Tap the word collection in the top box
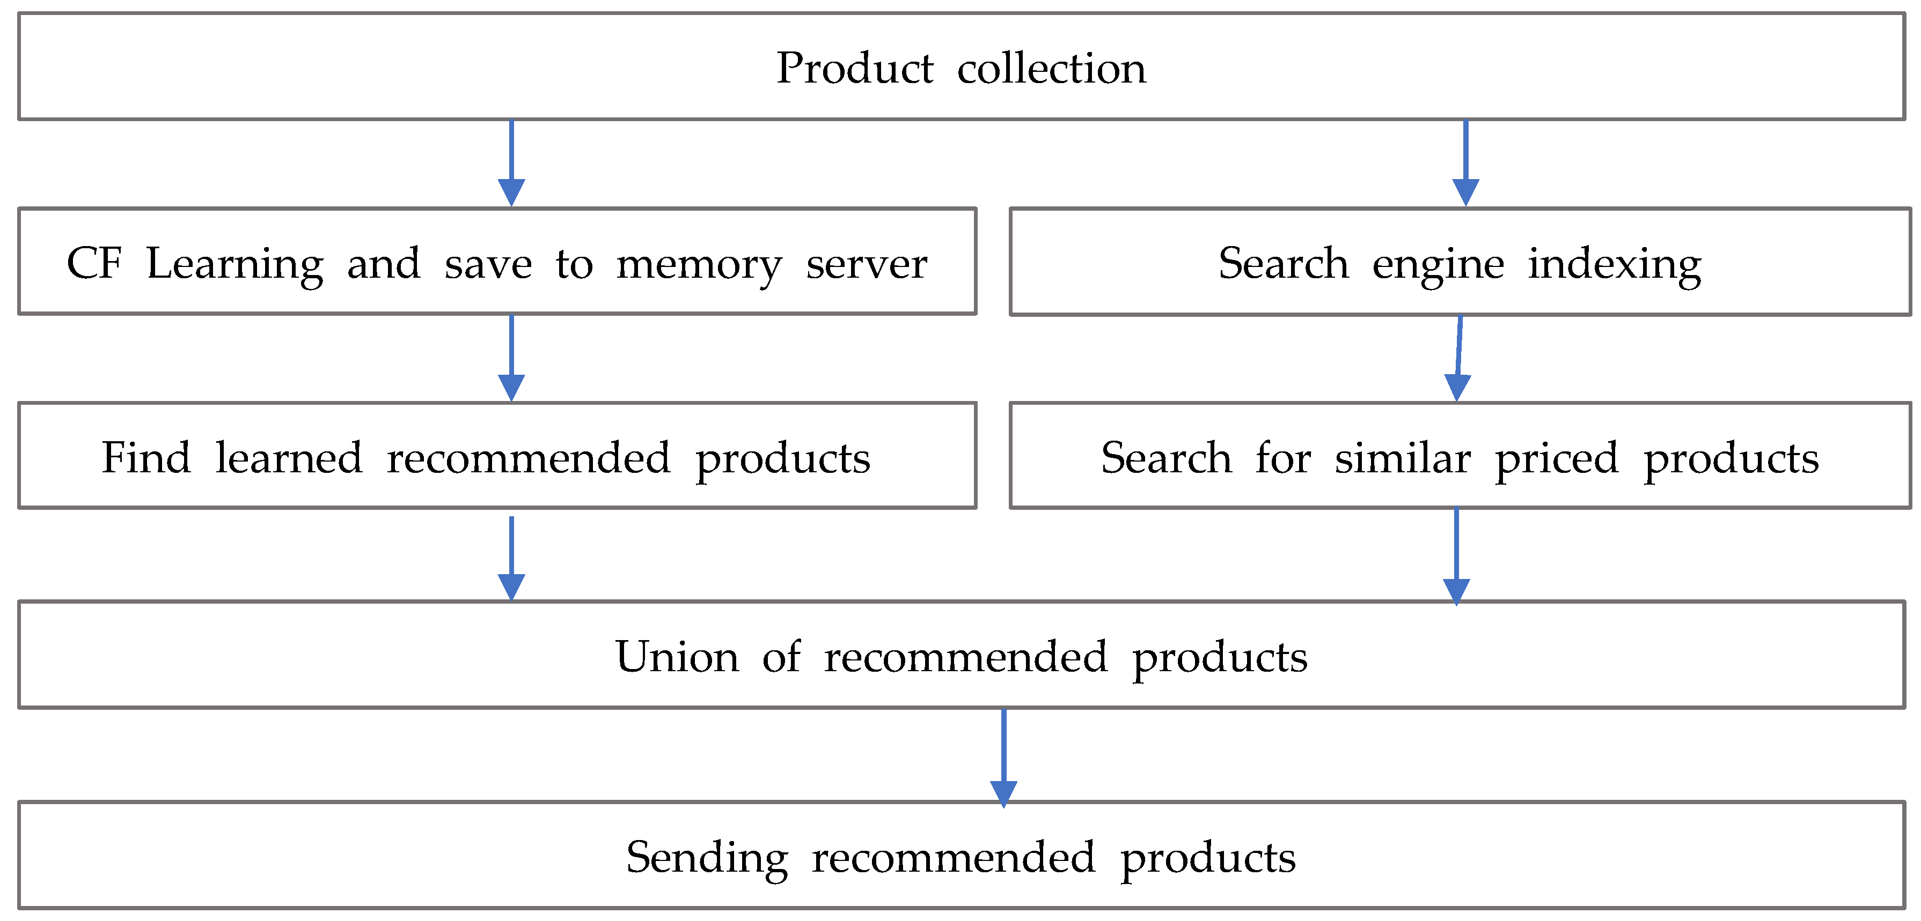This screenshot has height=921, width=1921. [1052, 69]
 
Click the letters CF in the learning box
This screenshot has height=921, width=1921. [94, 263]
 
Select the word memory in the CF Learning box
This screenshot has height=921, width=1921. [699, 264]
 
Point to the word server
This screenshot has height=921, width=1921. [867, 264]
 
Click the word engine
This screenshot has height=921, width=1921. [1438, 264]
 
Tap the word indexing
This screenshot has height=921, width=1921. [1615, 264]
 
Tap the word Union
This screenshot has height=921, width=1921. [677, 657]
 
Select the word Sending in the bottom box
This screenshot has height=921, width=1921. [707, 858]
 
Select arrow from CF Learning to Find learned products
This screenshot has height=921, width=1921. [511, 358]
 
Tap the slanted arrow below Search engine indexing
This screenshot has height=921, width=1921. [1458, 358]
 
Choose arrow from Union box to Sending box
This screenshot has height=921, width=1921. [1004, 756]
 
